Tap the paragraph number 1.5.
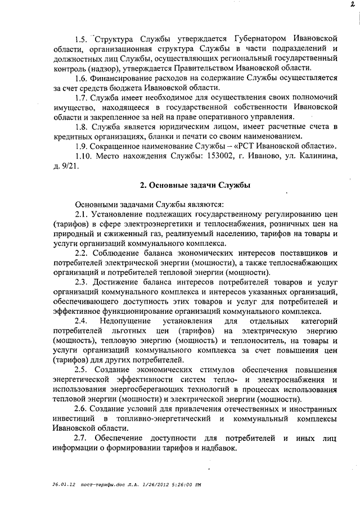point(82,39)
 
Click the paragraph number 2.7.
point(82,439)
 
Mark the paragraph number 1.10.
point(84,157)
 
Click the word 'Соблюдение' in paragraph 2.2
point(120,253)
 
